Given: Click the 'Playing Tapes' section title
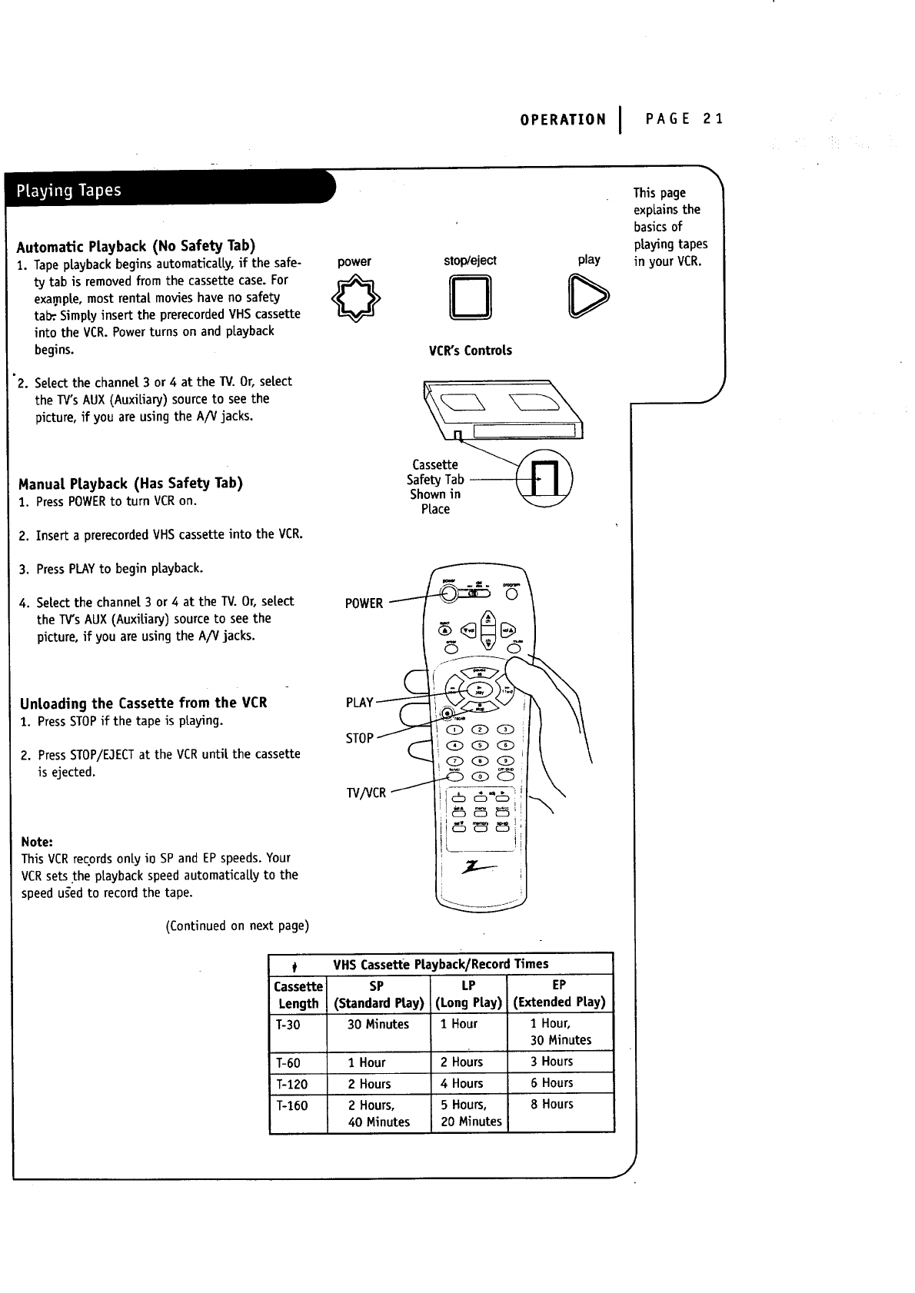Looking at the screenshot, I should tap(65, 191).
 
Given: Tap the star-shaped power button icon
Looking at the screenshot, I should tap(354, 300).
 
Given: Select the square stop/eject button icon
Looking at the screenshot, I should tap(470, 300).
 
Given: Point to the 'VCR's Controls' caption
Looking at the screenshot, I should tap(470, 351).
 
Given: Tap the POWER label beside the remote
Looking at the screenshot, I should tap(364, 603).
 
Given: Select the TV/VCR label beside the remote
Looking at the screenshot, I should tap(366, 793).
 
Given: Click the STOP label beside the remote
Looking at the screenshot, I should tap(359, 738).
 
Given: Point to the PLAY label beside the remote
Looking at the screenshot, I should tap(359, 703).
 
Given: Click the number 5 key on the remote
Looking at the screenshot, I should tap(481, 745).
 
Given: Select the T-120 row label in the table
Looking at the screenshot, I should tap(291, 1084).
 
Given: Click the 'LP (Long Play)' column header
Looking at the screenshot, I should tap(468, 993).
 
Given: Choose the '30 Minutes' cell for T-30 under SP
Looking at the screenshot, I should tap(378, 1024).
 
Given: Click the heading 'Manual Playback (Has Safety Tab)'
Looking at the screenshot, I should tap(131, 484).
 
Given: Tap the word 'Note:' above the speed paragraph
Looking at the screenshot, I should tap(37, 841).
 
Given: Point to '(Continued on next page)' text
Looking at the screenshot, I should tap(237, 926).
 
